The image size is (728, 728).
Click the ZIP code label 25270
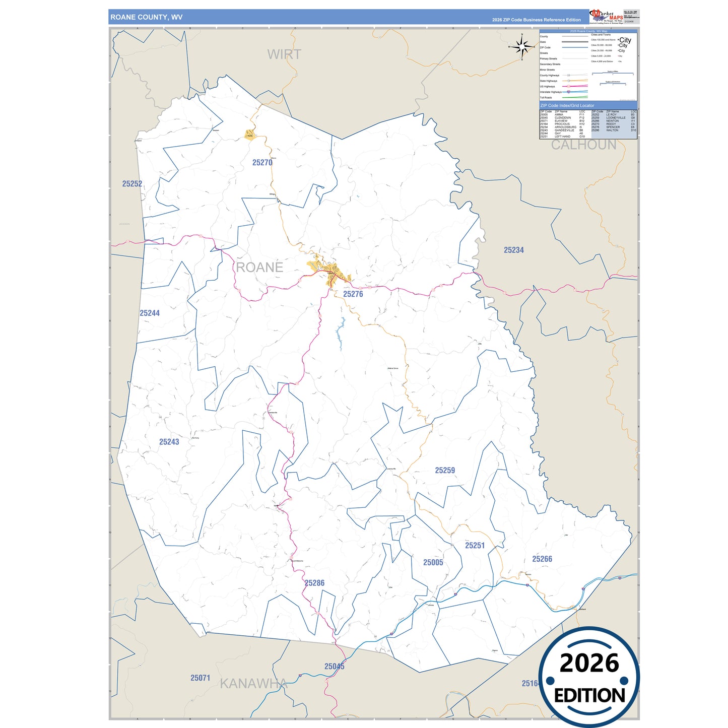pos(262,163)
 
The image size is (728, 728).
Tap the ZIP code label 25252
pos(132,184)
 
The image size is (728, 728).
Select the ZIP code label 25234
pos(513,250)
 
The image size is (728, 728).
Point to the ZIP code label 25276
pos(353,294)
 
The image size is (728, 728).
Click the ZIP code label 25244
pos(150,313)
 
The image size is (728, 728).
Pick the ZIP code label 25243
pos(169,442)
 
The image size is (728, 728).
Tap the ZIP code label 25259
pos(445,471)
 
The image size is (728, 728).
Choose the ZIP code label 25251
pos(475,546)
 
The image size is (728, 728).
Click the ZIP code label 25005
pos(433,563)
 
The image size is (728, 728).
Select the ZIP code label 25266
pos(542,559)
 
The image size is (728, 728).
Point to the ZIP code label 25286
pos(314,583)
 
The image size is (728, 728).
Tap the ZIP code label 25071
pos(200,678)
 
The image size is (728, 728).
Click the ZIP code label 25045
pos(334,667)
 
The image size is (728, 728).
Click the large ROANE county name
pos(259,268)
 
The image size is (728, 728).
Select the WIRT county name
pos(284,54)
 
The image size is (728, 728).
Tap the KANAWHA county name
pos(253,684)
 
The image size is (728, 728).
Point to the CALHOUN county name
pos(583,145)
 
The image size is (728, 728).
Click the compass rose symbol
pos(522,47)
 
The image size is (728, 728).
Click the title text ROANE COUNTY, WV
pos(147,17)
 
